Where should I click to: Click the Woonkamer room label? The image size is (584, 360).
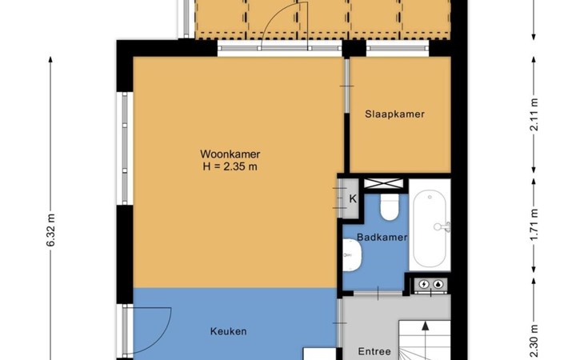pyautogui.click(x=230, y=154)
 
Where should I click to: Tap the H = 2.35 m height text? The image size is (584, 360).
pyautogui.click(x=230, y=166)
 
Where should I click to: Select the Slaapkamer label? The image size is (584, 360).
pyautogui.click(x=394, y=114)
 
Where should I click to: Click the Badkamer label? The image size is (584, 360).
pyautogui.click(x=382, y=237)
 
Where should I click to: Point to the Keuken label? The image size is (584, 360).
pyautogui.click(x=228, y=331)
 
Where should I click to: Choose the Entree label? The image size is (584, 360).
pyautogui.click(x=374, y=351)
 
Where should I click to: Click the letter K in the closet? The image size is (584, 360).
pyautogui.click(x=353, y=199)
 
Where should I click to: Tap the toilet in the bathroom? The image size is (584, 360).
pyautogui.click(x=390, y=207)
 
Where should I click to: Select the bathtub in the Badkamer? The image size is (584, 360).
pyautogui.click(x=430, y=228)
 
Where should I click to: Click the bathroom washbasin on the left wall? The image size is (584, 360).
pyautogui.click(x=351, y=255)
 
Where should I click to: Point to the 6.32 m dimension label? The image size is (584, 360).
pyautogui.click(x=51, y=230)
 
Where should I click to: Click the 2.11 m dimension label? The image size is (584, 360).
pyautogui.click(x=534, y=114)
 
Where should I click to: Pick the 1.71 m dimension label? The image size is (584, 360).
pyautogui.click(x=534, y=225)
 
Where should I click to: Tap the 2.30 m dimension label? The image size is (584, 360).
pyautogui.click(x=534, y=342)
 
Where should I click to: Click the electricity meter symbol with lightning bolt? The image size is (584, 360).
pyautogui.click(x=424, y=285)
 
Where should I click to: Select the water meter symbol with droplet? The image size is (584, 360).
pyautogui.click(x=439, y=285)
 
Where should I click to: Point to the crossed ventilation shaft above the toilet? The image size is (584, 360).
pyautogui.click(x=384, y=183)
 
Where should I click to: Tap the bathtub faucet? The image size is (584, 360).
pyautogui.click(x=443, y=226)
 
